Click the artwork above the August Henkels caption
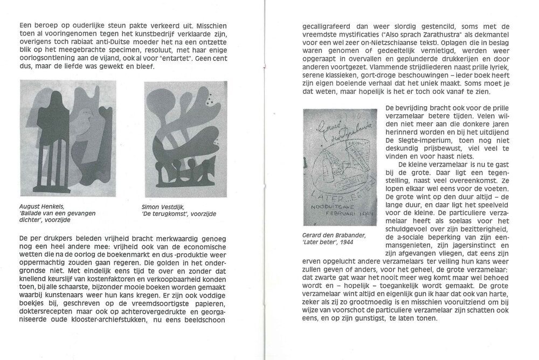point(67,138)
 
